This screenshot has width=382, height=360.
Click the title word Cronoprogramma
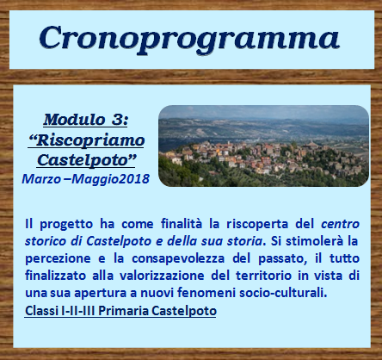pos(189,40)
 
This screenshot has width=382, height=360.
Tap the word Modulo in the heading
pos(74,119)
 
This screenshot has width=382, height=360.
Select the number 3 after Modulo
pos(118,119)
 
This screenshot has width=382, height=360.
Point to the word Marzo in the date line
pos(41,179)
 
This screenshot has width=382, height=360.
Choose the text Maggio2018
pos(110,179)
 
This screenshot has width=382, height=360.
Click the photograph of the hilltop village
pos(263,146)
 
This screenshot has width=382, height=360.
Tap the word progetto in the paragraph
pos(66,224)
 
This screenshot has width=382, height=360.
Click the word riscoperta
pos(257,224)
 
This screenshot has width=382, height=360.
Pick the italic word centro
pos(340,224)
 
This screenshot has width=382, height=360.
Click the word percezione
pos(58,259)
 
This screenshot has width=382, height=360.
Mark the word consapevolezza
pos(178,259)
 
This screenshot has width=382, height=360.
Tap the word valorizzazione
pos(162,276)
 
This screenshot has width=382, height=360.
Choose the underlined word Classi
pos(42,311)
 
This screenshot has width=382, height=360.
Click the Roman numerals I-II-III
pos(78,311)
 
